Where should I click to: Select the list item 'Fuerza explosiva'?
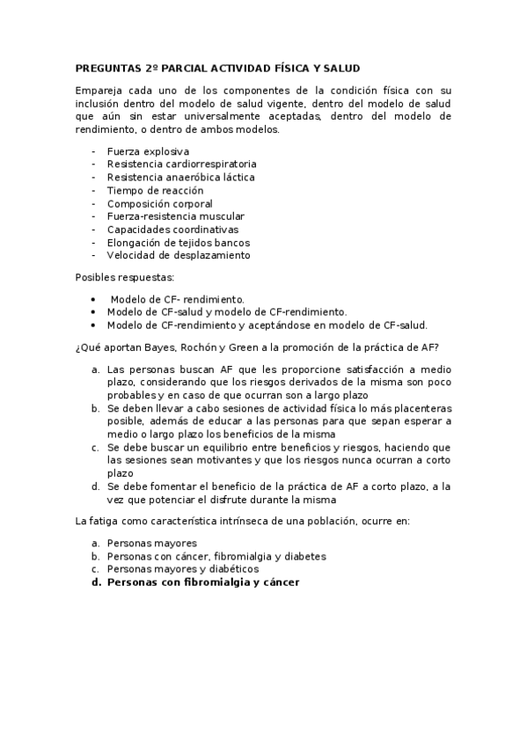[x=148, y=151]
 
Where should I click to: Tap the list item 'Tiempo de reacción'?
[x=155, y=190]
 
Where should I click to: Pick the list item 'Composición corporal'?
[x=159, y=203]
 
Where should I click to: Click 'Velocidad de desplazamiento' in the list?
[x=179, y=255]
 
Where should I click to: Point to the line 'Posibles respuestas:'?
[x=126, y=278]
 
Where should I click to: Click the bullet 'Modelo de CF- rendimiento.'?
[x=178, y=298]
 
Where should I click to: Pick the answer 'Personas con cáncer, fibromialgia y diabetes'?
[x=216, y=556]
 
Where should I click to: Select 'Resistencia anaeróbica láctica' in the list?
[x=180, y=177]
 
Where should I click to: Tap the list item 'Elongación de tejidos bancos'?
[x=179, y=242]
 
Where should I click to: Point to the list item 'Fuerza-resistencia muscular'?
[x=175, y=216]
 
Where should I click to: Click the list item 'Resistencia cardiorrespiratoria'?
[x=182, y=165]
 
